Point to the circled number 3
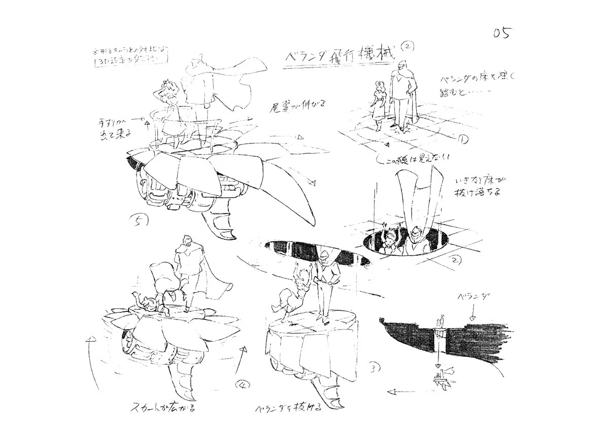[x=374, y=367]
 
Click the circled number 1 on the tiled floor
[x=463, y=138]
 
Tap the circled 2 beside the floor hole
[x=455, y=261]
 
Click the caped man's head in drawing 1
[x=401, y=66]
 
